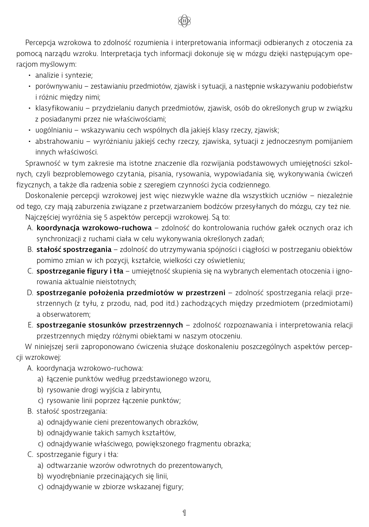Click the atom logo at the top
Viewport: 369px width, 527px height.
tap(184, 21)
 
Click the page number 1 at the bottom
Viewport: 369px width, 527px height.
tap(184, 513)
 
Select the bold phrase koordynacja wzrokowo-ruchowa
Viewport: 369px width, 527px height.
tap(94, 228)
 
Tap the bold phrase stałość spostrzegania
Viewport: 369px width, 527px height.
tap(74, 249)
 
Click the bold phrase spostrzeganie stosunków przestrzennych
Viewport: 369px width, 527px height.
tap(110, 325)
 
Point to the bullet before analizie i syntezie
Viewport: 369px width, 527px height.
tap(29, 75)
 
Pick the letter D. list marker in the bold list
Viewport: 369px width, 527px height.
tap(30, 293)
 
